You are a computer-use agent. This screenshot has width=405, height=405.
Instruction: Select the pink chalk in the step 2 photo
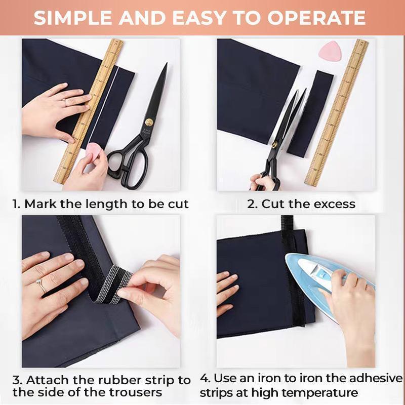coord(329,50)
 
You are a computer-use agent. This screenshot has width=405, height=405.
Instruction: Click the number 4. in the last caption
coord(206,378)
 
